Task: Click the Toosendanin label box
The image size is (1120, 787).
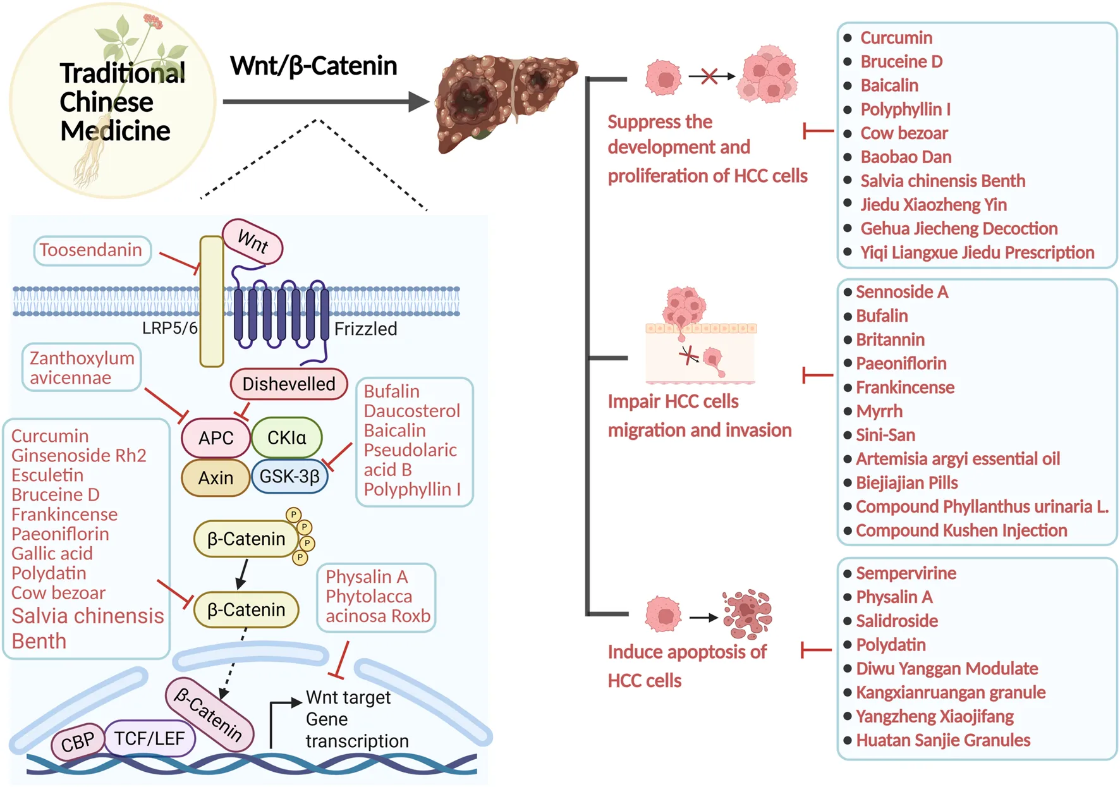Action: [x=92, y=250]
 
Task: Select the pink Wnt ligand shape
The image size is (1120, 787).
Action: [x=253, y=241]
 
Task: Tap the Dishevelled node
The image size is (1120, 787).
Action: [x=289, y=384]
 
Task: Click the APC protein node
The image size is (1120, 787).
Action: [x=216, y=437]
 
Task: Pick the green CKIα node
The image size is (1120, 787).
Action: [x=287, y=437]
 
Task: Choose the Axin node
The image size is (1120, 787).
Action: [x=216, y=478]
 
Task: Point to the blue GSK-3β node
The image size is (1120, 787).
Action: [x=290, y=476]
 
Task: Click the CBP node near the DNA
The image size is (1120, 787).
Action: [x=78, y=741]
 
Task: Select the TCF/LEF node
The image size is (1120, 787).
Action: [x=150, y=738]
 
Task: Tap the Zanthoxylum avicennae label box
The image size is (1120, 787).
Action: [x=82, y=367]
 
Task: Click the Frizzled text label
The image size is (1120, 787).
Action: [x=365, y=329]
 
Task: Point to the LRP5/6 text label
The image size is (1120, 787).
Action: [x=169, y=328]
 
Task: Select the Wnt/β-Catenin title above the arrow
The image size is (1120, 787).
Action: [x=313, y=66]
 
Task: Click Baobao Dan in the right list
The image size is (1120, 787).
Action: [x=906, y=157]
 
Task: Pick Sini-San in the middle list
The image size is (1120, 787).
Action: [x=886, y=435]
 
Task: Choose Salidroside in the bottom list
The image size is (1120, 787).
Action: [x=897, y=621]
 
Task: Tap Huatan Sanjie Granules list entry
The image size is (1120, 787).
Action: [x=943, y=740]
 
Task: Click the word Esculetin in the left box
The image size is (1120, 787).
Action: [x=47, y=475]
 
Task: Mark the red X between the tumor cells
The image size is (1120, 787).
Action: [x=709, y=76]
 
